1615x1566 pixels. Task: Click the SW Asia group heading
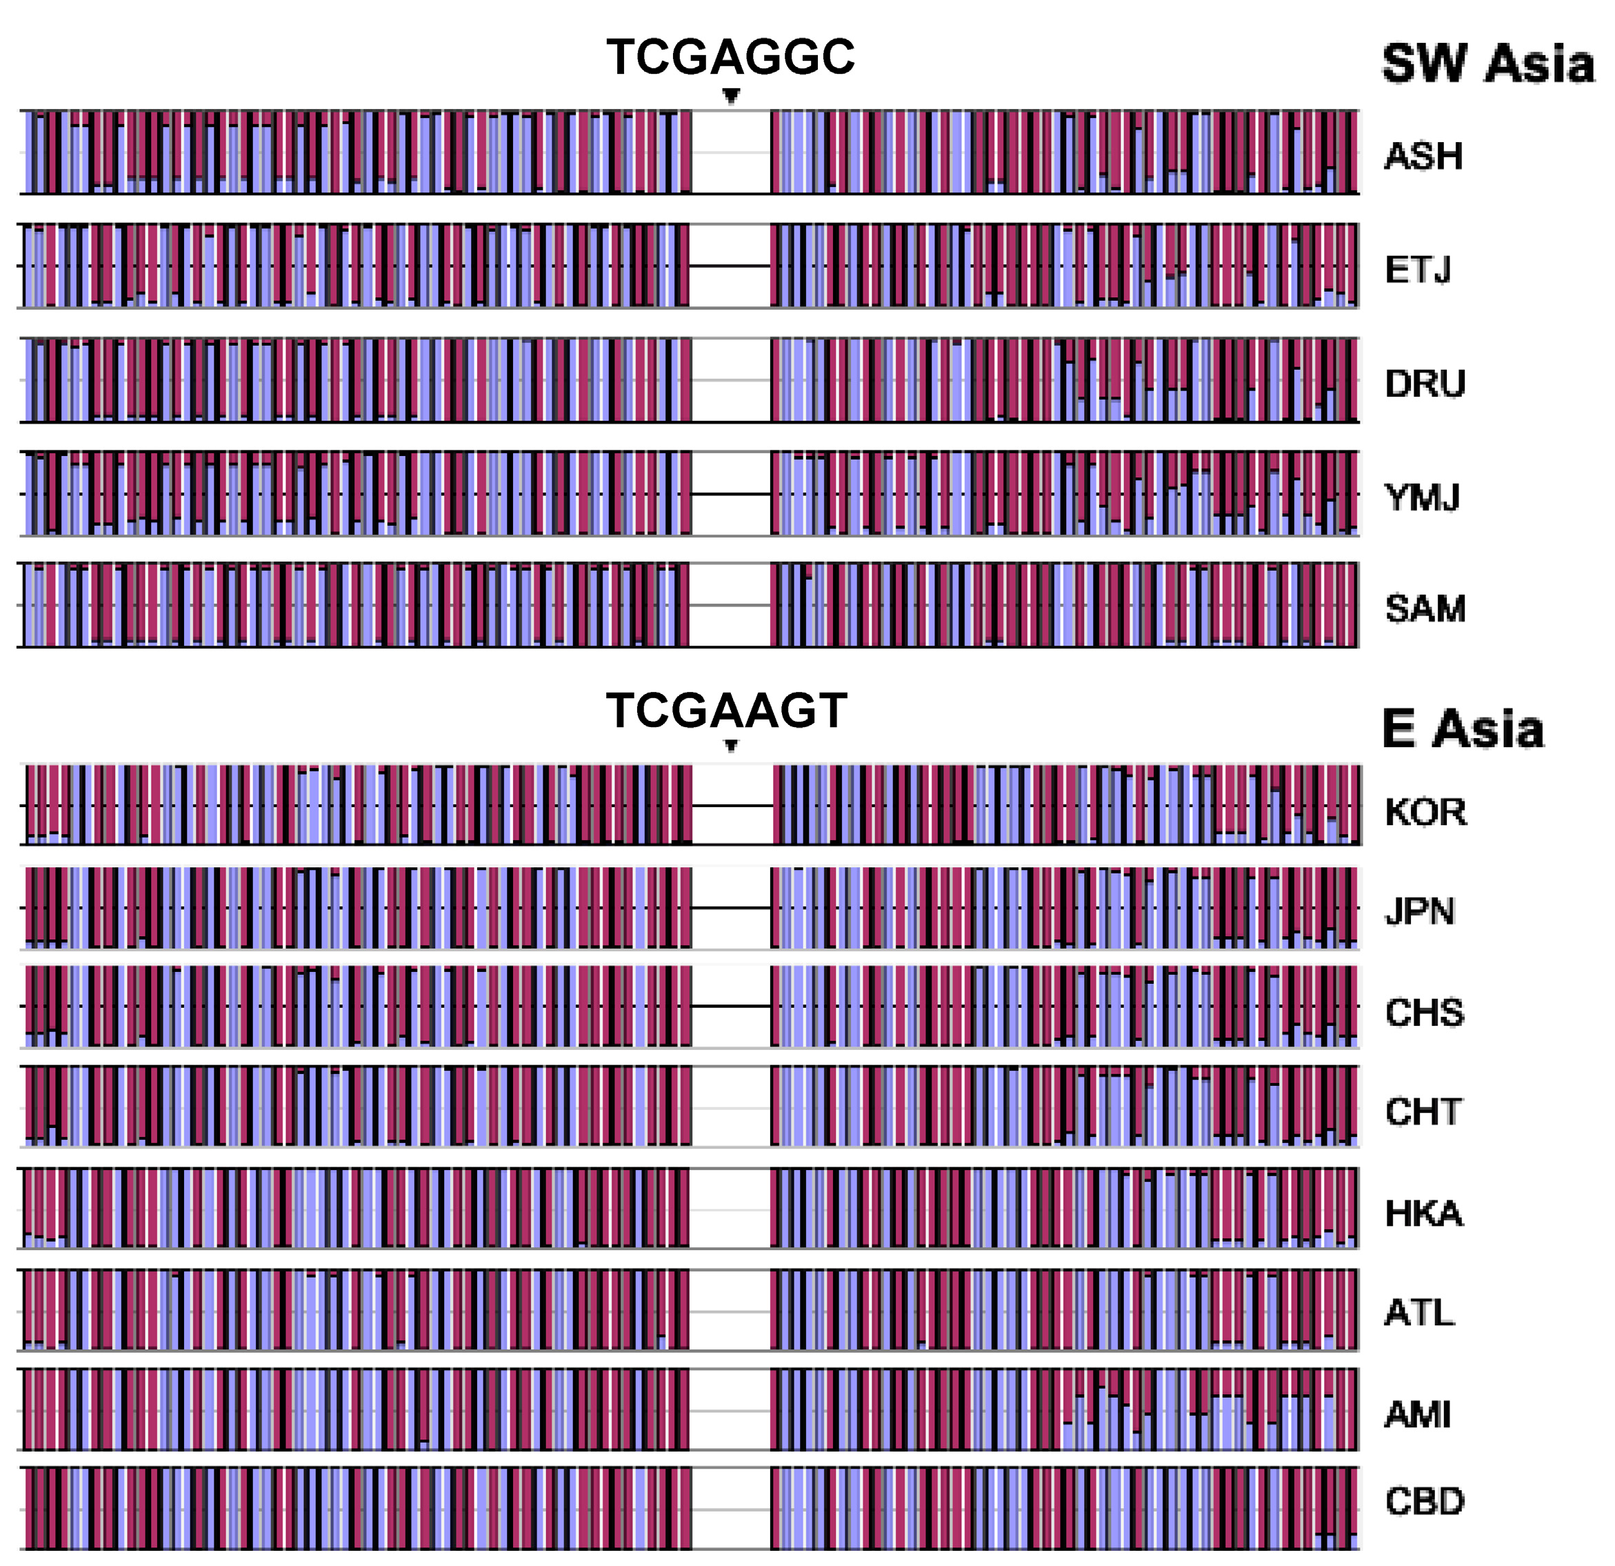(1487, 63)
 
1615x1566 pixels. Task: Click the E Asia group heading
(1463, 729)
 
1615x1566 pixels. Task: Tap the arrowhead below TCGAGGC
(731, 96)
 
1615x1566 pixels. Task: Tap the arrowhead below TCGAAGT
(731, 746)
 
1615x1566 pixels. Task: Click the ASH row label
(1423, 157)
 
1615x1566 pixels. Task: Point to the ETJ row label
(1417, 270)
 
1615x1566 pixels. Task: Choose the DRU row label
(1425, 384)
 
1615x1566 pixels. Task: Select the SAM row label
(1425, 609)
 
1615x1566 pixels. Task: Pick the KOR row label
(1425, 812)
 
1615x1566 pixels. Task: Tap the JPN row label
(1419, 911)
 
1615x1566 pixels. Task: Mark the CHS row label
(1424, 1012)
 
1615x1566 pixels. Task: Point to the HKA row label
(1423, 1213)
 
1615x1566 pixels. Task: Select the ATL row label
(1419, 1313)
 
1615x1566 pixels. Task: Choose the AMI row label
(1416, 1414)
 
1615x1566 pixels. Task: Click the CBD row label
(1424, 1501)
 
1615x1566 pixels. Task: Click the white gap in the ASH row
(731, 152)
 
